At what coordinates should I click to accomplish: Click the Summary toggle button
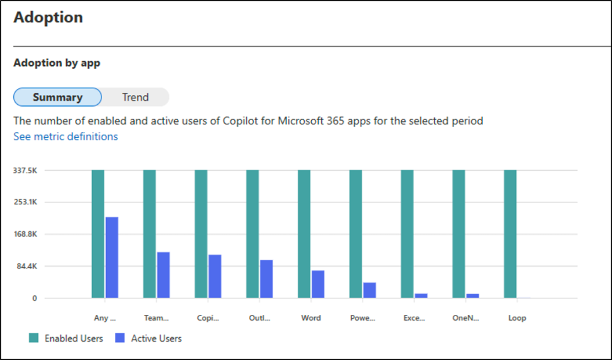click(58, 97)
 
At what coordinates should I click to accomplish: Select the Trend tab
click(135, 97)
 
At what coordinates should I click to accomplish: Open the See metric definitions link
click(65, 137)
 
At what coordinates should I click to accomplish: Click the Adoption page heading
click(48, 17)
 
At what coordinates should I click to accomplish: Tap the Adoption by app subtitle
click(57, 63)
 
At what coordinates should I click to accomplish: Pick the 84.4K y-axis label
click(27, 267)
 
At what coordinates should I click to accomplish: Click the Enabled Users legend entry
click(66, 338)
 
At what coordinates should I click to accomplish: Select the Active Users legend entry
click(149, 338)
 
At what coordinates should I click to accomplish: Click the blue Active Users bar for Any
click(112, 257)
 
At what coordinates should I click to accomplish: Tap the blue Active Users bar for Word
click(318, 284)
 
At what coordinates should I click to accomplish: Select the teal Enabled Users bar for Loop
click(510, 234)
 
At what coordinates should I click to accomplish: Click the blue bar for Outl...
click(266, 279)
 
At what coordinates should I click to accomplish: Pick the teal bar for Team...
click(149, 234)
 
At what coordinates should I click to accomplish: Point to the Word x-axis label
click(311, 318)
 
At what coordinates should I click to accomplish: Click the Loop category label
click(517, 318)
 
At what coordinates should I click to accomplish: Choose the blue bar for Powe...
click(369, 290)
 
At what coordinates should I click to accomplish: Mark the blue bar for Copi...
click(215, 276)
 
